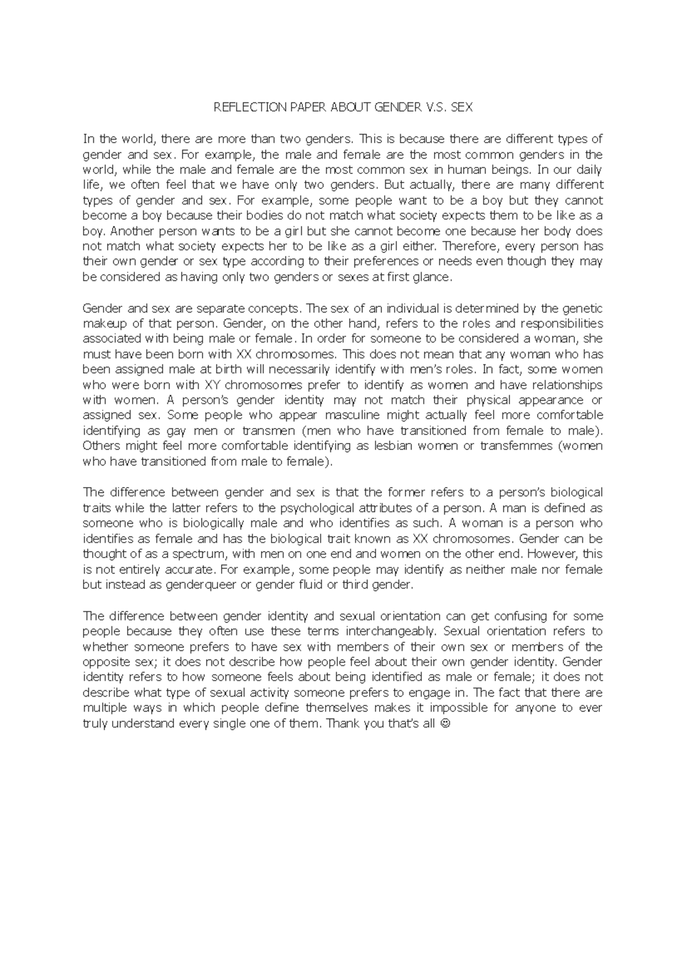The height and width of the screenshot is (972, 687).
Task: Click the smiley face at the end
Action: coord(447,724)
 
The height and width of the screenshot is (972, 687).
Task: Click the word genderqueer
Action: coord(200,585)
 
